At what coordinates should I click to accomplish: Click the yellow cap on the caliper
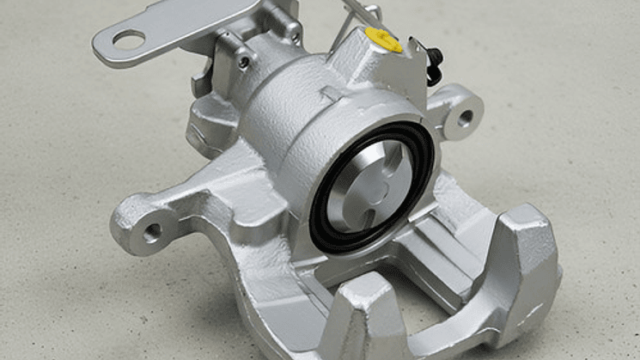[382, 38]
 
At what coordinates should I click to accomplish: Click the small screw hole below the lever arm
[245, 62]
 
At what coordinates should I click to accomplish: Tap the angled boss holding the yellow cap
[369, 60]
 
